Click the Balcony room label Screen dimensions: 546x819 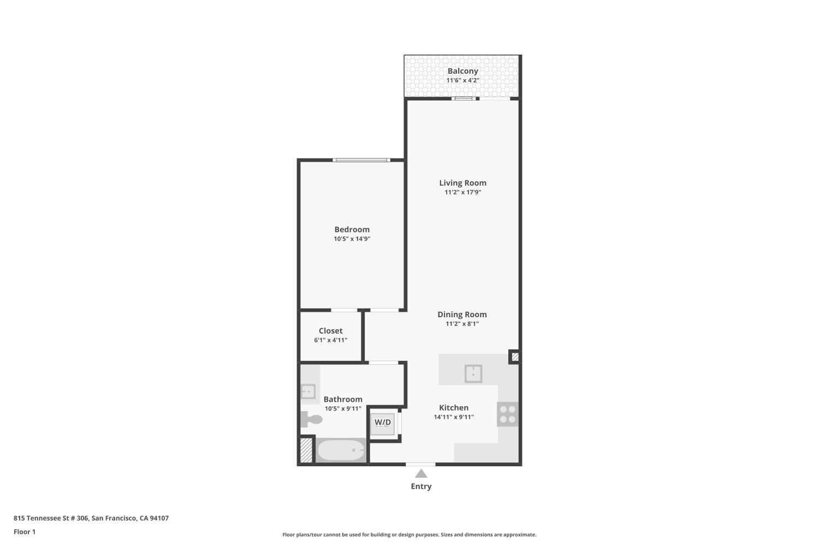pyautogui.click(x=462, y=71)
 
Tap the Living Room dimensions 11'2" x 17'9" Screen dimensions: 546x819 pyautogui.click(x=462, y=192)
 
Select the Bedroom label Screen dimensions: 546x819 pyautogui.click(x=352, y=229)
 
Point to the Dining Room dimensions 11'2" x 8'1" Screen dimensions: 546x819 pyautogui.click(x=462, y=324)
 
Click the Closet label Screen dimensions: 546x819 pyautogui.click(x=330, y=331)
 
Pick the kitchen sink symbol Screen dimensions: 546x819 pyautogui.click(x=473, y=374)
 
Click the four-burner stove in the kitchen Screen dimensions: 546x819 pyautogui.click(x=508, y=414)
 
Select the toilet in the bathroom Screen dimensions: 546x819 pyautogui.click(x=311, y=419)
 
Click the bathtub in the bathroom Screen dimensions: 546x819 pyautogui.click(x=341, y=450)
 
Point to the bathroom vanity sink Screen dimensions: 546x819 pyautogui.click(x=308, y=391)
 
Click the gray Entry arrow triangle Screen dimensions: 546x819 pyautogui.click(x=421, y=473)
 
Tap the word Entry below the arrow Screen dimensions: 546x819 pyautogui.click(x=421, y=486)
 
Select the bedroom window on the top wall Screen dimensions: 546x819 pyautogui.click(x=361, y=160)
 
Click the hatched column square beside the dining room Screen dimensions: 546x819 pyautogui.click(x=514, y=357)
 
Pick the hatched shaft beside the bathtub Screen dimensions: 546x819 pyautogui.click(x=306, y=450)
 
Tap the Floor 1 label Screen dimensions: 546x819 pyautogui.click(x=25, y=532)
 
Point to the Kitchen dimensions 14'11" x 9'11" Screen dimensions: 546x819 pyautogui.click(x=454, y=417)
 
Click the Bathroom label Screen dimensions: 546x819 pyautogui.click(x=343, y=399)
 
